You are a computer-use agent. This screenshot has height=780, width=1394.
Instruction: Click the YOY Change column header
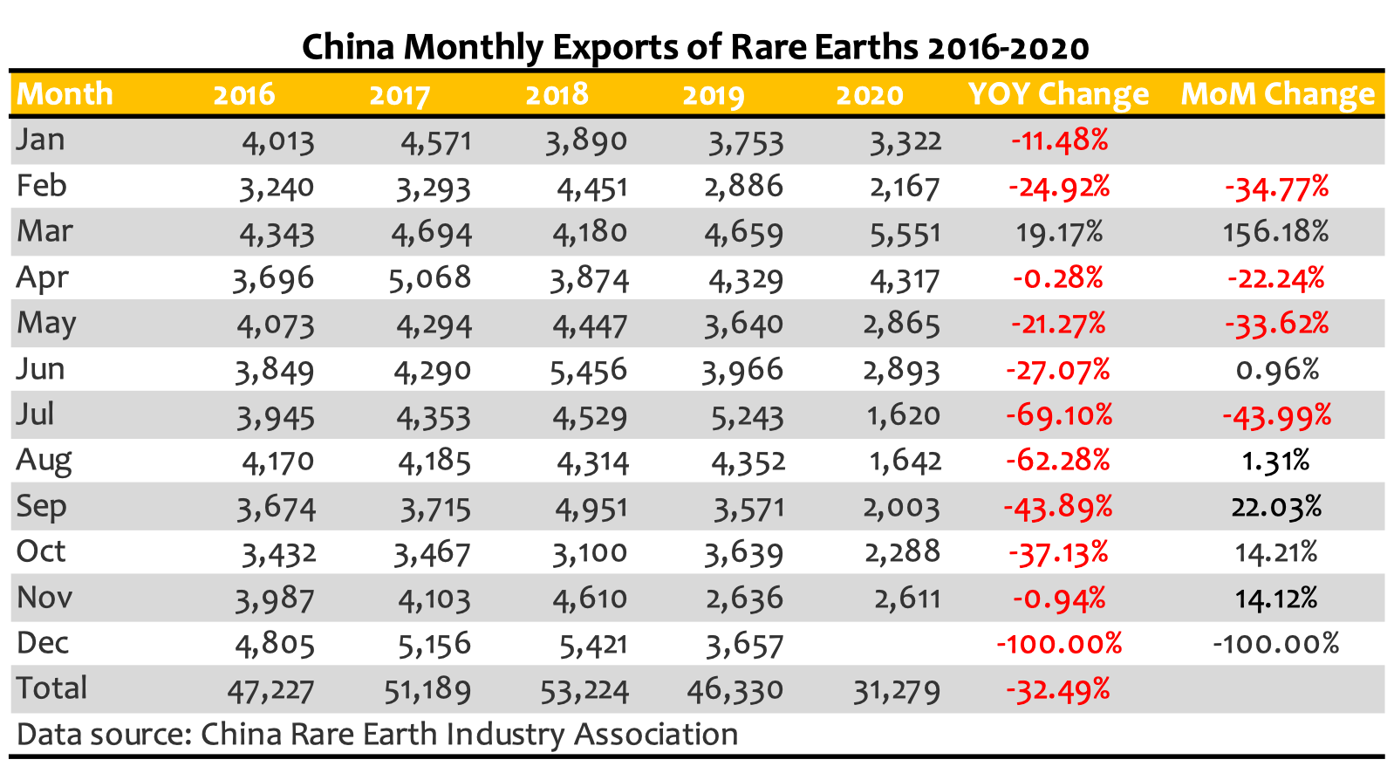(x=1058, y=94)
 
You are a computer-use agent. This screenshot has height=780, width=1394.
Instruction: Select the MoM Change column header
(x=1277, y=94)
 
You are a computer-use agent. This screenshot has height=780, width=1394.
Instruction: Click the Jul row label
(x=36, y=414)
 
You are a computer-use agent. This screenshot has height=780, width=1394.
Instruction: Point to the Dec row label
(x=43, y=643)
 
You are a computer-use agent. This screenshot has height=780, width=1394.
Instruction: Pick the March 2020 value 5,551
(x=905, y=233)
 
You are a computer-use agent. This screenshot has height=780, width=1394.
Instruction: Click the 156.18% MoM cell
(x=1276, y=232)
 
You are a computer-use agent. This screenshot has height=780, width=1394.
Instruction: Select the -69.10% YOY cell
(x=1059, y=414)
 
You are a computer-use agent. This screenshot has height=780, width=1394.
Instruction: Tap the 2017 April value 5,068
(x=431, y=278)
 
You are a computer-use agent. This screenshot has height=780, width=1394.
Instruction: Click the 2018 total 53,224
(x=584, y=690)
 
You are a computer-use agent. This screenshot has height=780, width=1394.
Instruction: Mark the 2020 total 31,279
(x=897, y=691)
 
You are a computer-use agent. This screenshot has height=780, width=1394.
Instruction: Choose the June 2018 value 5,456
(x=589, y=370)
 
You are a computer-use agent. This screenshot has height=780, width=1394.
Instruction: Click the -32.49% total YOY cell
(x=1058, y=690)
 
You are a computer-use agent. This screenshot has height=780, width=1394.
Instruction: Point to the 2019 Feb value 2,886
(x=743, y=187)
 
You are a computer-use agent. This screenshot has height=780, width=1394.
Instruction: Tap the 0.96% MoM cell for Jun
(x=1277, y=370)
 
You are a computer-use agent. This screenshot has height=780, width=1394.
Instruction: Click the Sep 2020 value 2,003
(x=902, y=507)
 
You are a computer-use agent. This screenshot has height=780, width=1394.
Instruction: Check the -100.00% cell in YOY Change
(x=1058, y=644)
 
